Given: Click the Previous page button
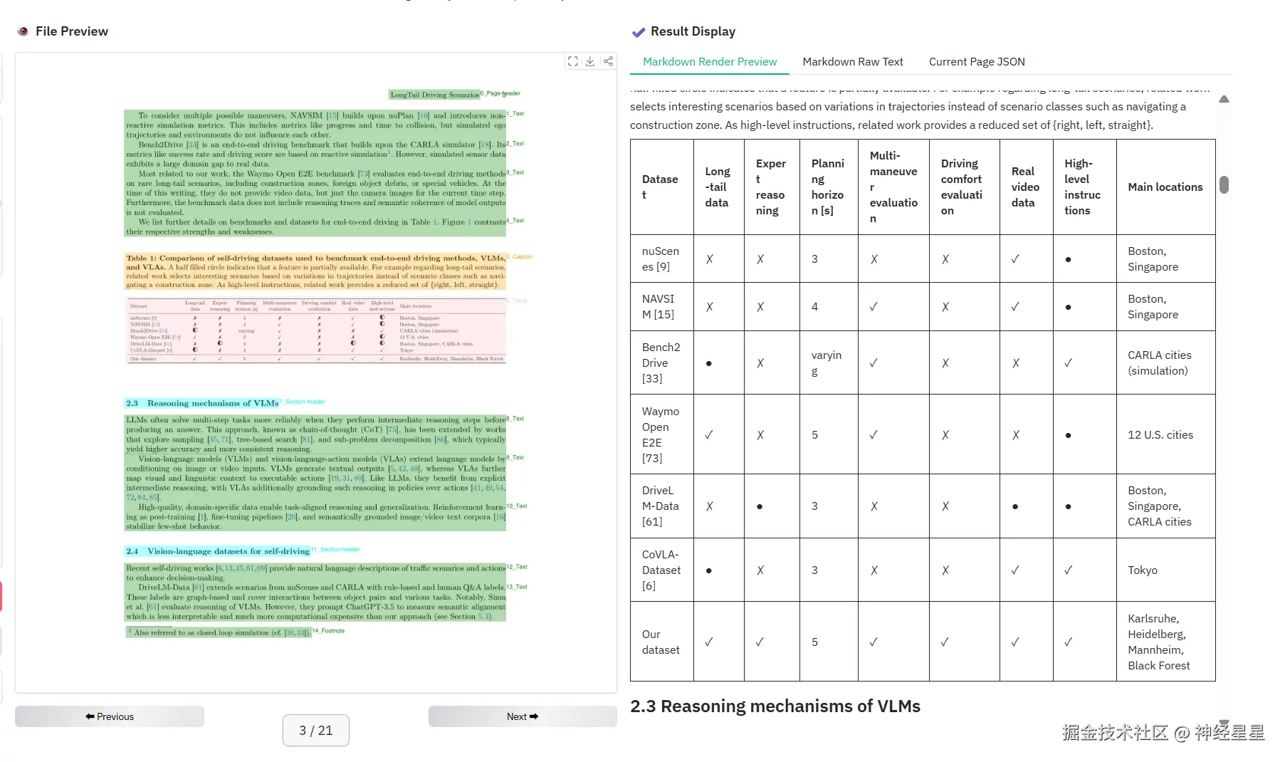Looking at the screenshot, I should (110, 716).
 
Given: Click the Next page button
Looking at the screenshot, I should (522, 716).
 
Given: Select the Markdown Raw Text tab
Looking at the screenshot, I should (852, 62).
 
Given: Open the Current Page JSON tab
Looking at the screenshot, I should (976, 62).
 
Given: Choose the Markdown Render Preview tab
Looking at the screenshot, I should (709, 62).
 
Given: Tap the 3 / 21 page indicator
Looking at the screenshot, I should (315, 731).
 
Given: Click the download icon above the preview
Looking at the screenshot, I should (590, 61).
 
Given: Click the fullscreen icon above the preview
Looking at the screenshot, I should (573, 61).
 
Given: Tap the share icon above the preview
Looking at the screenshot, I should (608, 61).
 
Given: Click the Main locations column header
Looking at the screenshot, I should (1165, 187).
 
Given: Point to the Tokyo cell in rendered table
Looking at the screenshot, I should (1142, 570).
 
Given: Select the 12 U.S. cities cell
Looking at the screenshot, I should (1160, 435).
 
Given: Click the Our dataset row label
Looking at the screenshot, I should (660, 642).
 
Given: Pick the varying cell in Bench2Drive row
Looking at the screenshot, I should (826, 363).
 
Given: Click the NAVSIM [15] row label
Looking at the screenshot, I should (658, 307).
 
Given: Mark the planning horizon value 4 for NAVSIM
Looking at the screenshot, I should (814, 307).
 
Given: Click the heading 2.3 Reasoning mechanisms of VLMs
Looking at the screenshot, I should (775, 706).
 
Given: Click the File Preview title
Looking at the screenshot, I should (71, 31).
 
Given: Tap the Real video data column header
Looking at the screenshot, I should (1024, 187).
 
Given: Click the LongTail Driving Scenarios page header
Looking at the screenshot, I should (434, 95).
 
